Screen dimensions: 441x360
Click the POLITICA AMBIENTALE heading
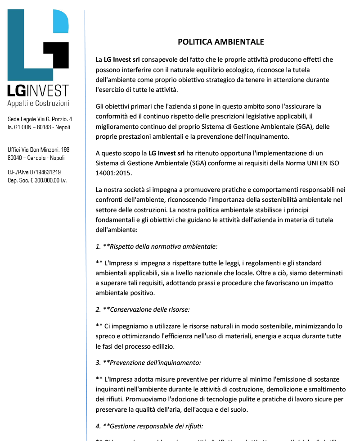click(x=220, y=42)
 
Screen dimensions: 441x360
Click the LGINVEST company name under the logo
click(x=38, y=91)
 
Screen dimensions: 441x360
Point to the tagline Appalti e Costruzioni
click(x=38, y=104)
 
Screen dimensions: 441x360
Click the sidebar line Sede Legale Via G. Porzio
click(x=40, y=119)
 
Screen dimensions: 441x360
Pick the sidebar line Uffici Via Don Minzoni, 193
click(x=39, y=150)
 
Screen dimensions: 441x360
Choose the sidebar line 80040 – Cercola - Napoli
click(x=36, y=158)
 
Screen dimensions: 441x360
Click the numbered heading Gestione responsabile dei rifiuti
click(x=150, y=425)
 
